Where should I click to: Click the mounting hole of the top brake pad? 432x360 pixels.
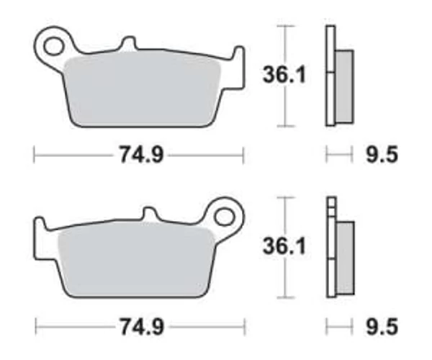[x=53, y=46]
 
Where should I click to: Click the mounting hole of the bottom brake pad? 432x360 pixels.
[x=224, y=217]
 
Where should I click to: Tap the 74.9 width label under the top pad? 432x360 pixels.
[x=141, y=155]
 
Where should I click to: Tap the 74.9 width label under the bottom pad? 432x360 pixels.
[x=142, y=327]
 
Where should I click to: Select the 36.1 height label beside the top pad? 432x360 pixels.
[x=284, y=75]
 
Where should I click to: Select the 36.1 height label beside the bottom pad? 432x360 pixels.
[x=284, y=246]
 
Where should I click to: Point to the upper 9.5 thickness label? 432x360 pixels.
[x=382, y=155]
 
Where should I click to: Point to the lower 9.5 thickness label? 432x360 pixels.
[x=382, y=327]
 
